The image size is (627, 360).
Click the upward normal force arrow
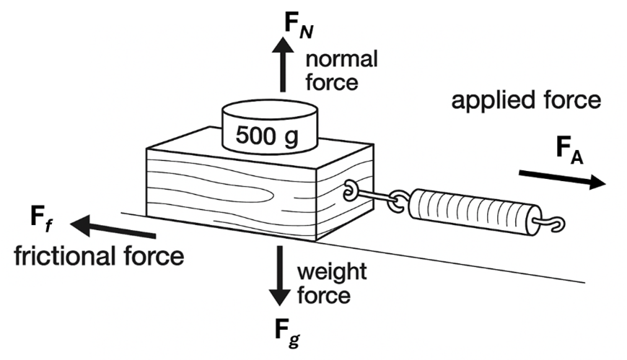coord(283,65)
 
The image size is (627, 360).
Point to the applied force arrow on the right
coord(562,179)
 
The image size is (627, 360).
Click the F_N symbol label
coord(299,25)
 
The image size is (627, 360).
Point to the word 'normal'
coord(341,60)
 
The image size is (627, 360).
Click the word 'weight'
coord(331,273)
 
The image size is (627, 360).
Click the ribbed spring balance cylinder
coord(475,212)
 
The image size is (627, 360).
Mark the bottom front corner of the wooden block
coord(316,241)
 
